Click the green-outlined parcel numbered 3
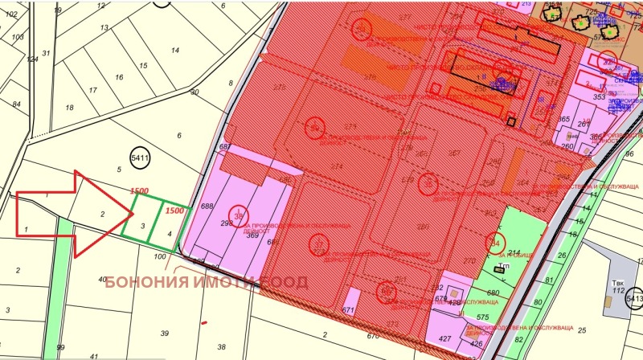tap(142, 226)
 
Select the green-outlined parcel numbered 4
tap(170, 233)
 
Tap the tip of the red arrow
tap(133, 214)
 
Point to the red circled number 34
tap(495, 240)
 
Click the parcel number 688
tap(207, 207)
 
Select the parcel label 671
tap(348, 310)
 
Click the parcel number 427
tap(444, 339)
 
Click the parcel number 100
tap(159, 256)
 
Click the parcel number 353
tap(598, 97)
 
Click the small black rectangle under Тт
tap(499, 270)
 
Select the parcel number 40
tap(102, 280)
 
